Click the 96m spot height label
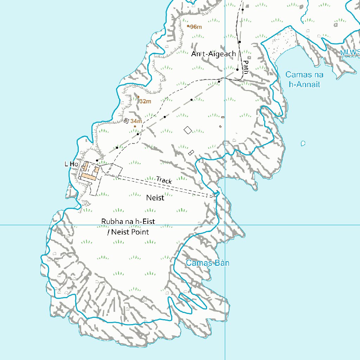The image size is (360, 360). (196, 27)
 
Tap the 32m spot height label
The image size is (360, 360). (145, 101)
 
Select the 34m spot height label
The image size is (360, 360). (136, 121)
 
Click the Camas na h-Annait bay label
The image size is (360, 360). (304, 79)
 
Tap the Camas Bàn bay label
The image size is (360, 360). (207, 263)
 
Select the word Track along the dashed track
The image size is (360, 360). (164, 180)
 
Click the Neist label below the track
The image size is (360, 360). (155, 198)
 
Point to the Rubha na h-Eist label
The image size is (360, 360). (128, 222)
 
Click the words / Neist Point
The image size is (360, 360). (128, 232)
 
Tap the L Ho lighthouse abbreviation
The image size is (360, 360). (71, 164)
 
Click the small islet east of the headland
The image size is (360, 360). (303, 143)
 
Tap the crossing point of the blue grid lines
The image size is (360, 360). (225, 225)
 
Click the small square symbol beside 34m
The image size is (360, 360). (126, 121)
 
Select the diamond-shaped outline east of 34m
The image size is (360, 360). (188, 130)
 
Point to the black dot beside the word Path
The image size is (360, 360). (237, 70)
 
